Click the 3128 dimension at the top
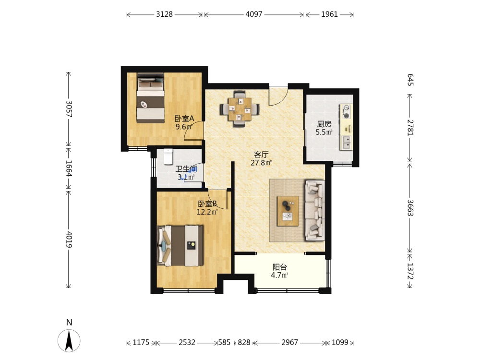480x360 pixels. point(164,14)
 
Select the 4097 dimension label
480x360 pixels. point(254,14)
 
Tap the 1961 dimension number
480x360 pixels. point(329,14)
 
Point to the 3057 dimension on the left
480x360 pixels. point(69,109)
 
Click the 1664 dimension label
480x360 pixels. point(69,168)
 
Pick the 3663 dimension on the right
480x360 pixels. point(410,208)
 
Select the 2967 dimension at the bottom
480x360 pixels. point(289,342)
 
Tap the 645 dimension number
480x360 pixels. point(410,80)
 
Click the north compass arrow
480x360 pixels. point(69,340)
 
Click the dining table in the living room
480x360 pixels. point(240,108)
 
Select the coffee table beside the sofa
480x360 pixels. point(288,211)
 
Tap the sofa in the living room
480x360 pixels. point(314,210)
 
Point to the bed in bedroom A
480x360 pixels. point(150,97)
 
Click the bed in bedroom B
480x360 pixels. point(180,245)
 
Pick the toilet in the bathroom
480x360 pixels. point(168,156)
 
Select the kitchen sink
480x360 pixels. point(346,143)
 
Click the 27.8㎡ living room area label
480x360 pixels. point(261,163)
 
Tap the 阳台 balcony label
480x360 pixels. point(279,267)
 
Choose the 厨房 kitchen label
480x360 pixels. point(324,124)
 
